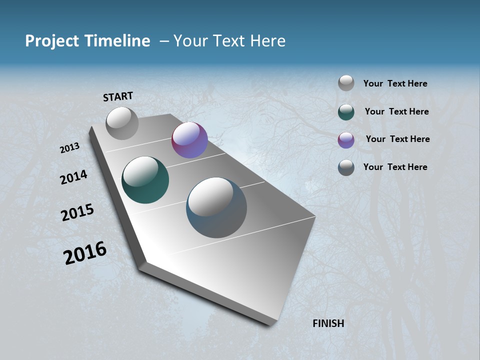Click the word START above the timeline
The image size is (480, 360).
tap(118, 96)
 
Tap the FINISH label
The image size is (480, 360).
tap(328, 323)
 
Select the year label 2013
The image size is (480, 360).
tap(69, 148)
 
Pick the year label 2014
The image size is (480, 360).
tap(73, 177)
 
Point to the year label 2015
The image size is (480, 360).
tap(77, 212)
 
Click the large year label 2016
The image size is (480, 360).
tap(85, 253)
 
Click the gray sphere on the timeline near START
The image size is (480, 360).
tap(122, 123)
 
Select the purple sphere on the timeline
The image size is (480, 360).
tap(189, 140)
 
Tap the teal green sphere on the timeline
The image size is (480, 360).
tap(145, 180)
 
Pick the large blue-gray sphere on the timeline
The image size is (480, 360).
tap(216, 207)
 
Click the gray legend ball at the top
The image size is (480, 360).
tap(346, 83)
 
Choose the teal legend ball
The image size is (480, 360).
tap(346, 111)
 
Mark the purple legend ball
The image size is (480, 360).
tap(346, 139)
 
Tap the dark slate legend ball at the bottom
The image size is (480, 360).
tap(346, 167)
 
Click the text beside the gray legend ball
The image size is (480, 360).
tap(395, 83)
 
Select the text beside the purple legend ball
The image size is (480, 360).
tap(397, 139)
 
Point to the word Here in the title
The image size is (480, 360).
tap(267, 41)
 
